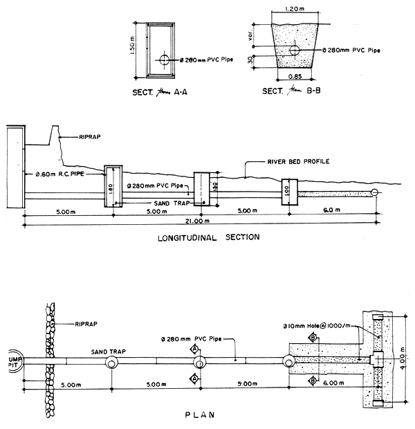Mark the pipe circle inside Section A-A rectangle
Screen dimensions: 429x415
pyautogui.click(x=164, y=60)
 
